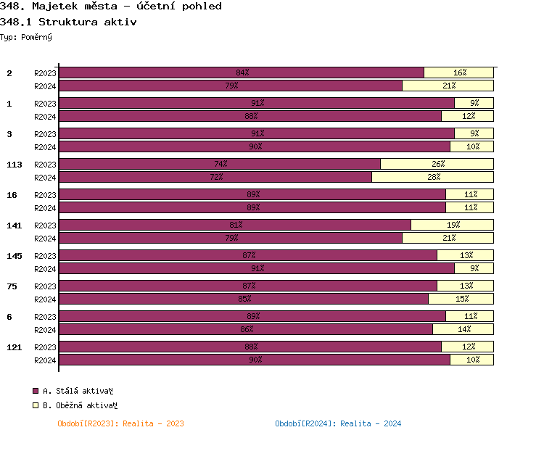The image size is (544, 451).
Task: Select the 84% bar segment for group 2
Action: click(242, 73)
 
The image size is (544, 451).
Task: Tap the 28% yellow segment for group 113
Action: click(433, 177)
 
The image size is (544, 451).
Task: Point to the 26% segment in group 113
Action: click(437, 164)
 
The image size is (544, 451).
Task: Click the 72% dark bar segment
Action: click(215, 177)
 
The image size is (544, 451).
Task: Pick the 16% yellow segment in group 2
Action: click(459, 73)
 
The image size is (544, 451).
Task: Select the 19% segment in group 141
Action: click(453, 225)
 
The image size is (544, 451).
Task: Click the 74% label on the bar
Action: click(221, 164)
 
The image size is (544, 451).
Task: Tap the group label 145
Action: click(15, 256)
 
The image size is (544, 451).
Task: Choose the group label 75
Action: click(12, 286)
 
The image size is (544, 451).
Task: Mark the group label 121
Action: click(15, 347)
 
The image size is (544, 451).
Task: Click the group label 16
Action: click(12, 195)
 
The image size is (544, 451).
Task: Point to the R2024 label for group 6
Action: click(45, 330)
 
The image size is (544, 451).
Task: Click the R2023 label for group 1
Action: click(45, 104)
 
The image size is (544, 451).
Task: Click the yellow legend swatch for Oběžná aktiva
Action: click(36, 406)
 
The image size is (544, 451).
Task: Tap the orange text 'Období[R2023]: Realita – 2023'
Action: click(120, 423)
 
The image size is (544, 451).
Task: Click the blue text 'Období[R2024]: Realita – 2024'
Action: click(338, 423)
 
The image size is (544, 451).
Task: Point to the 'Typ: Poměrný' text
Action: click(26, 36)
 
